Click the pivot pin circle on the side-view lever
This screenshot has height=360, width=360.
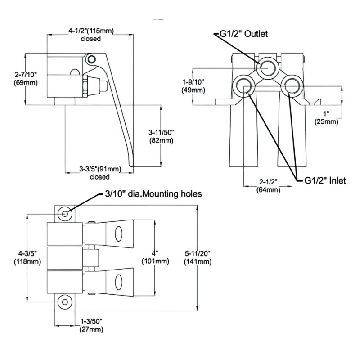click(x=92, y=59)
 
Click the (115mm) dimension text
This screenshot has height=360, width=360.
click(x=102, y=31)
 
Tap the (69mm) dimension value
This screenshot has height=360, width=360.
click(x=26, y=83)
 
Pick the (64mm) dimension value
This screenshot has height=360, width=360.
click(x=269, y=189)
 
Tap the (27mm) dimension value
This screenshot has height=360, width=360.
click(x=91, y=329)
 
